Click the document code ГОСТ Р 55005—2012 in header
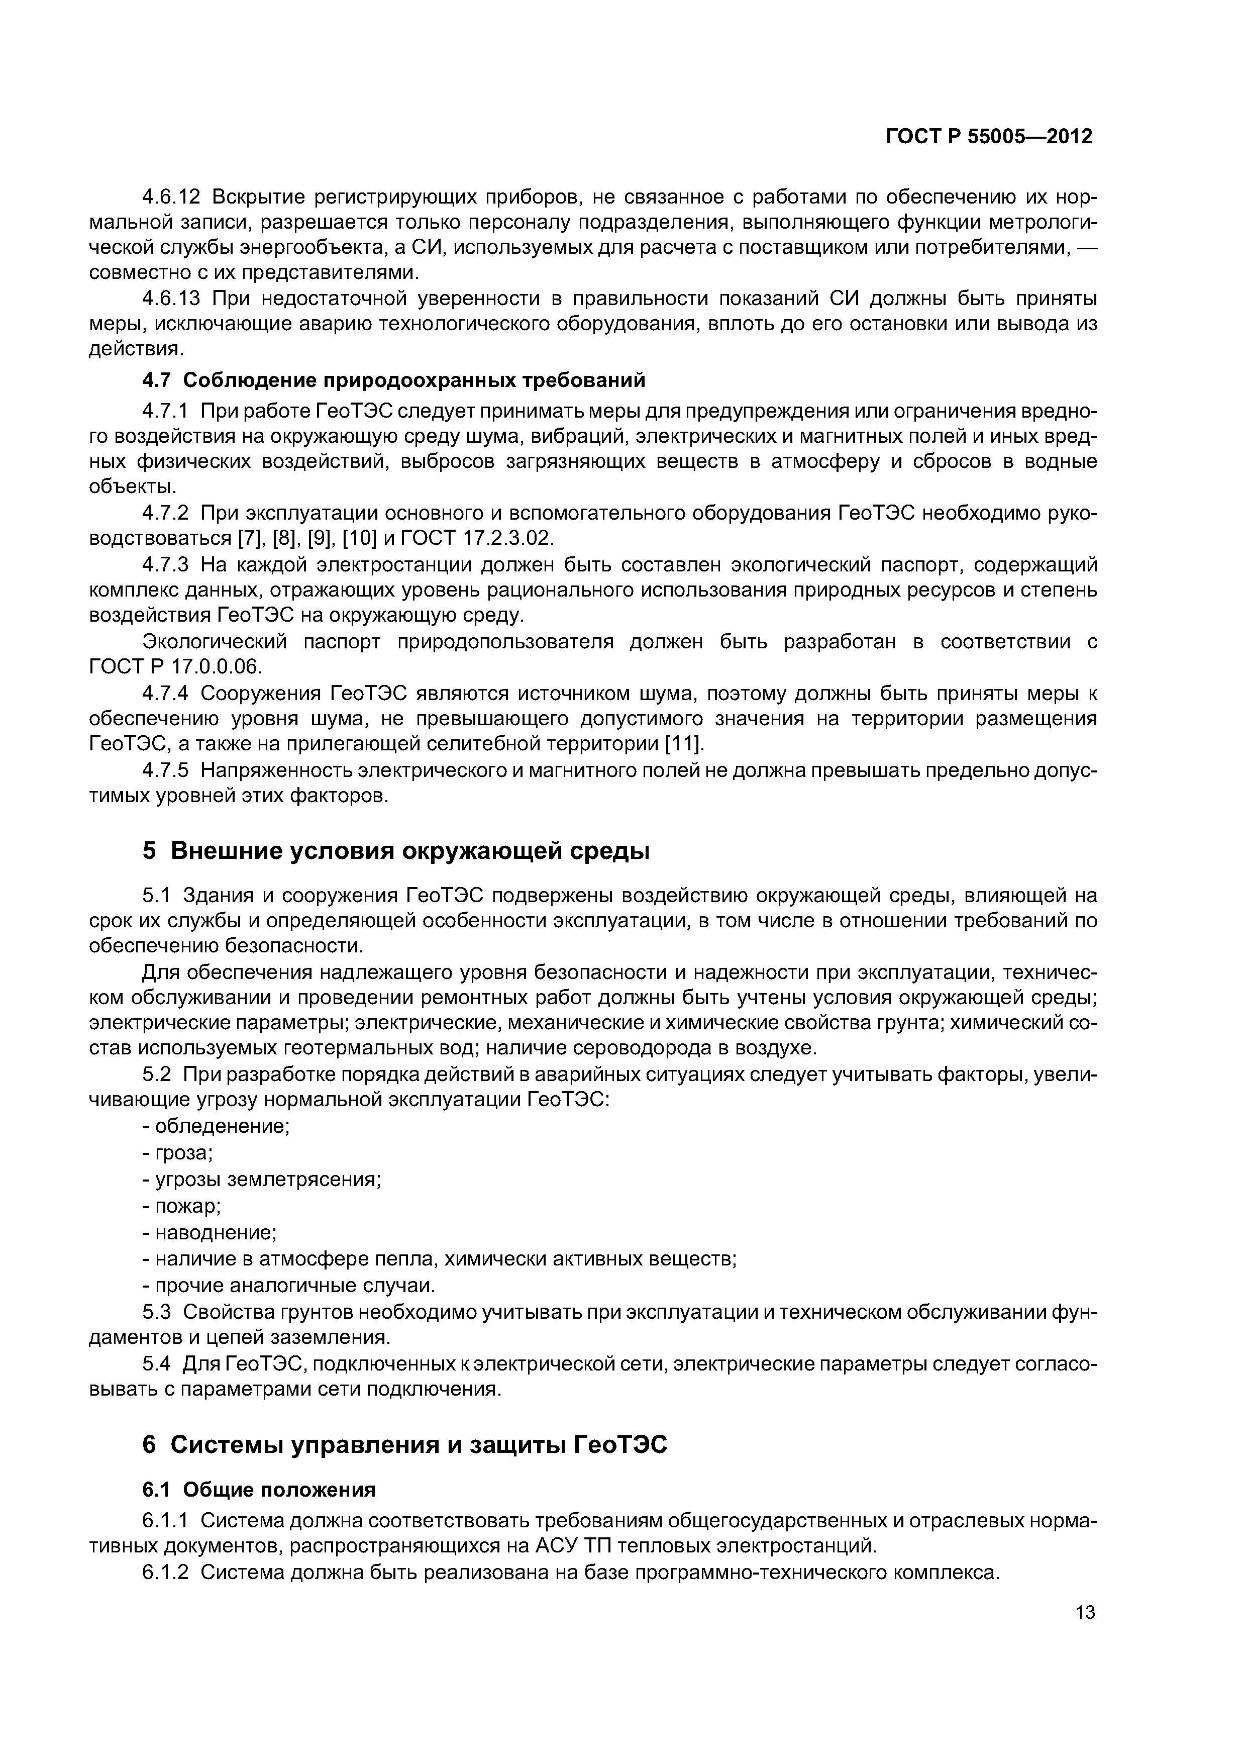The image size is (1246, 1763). pyautogui.click(x=989, y=137)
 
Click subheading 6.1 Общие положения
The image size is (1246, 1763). pyautogui.click(x=259, y=1490)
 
